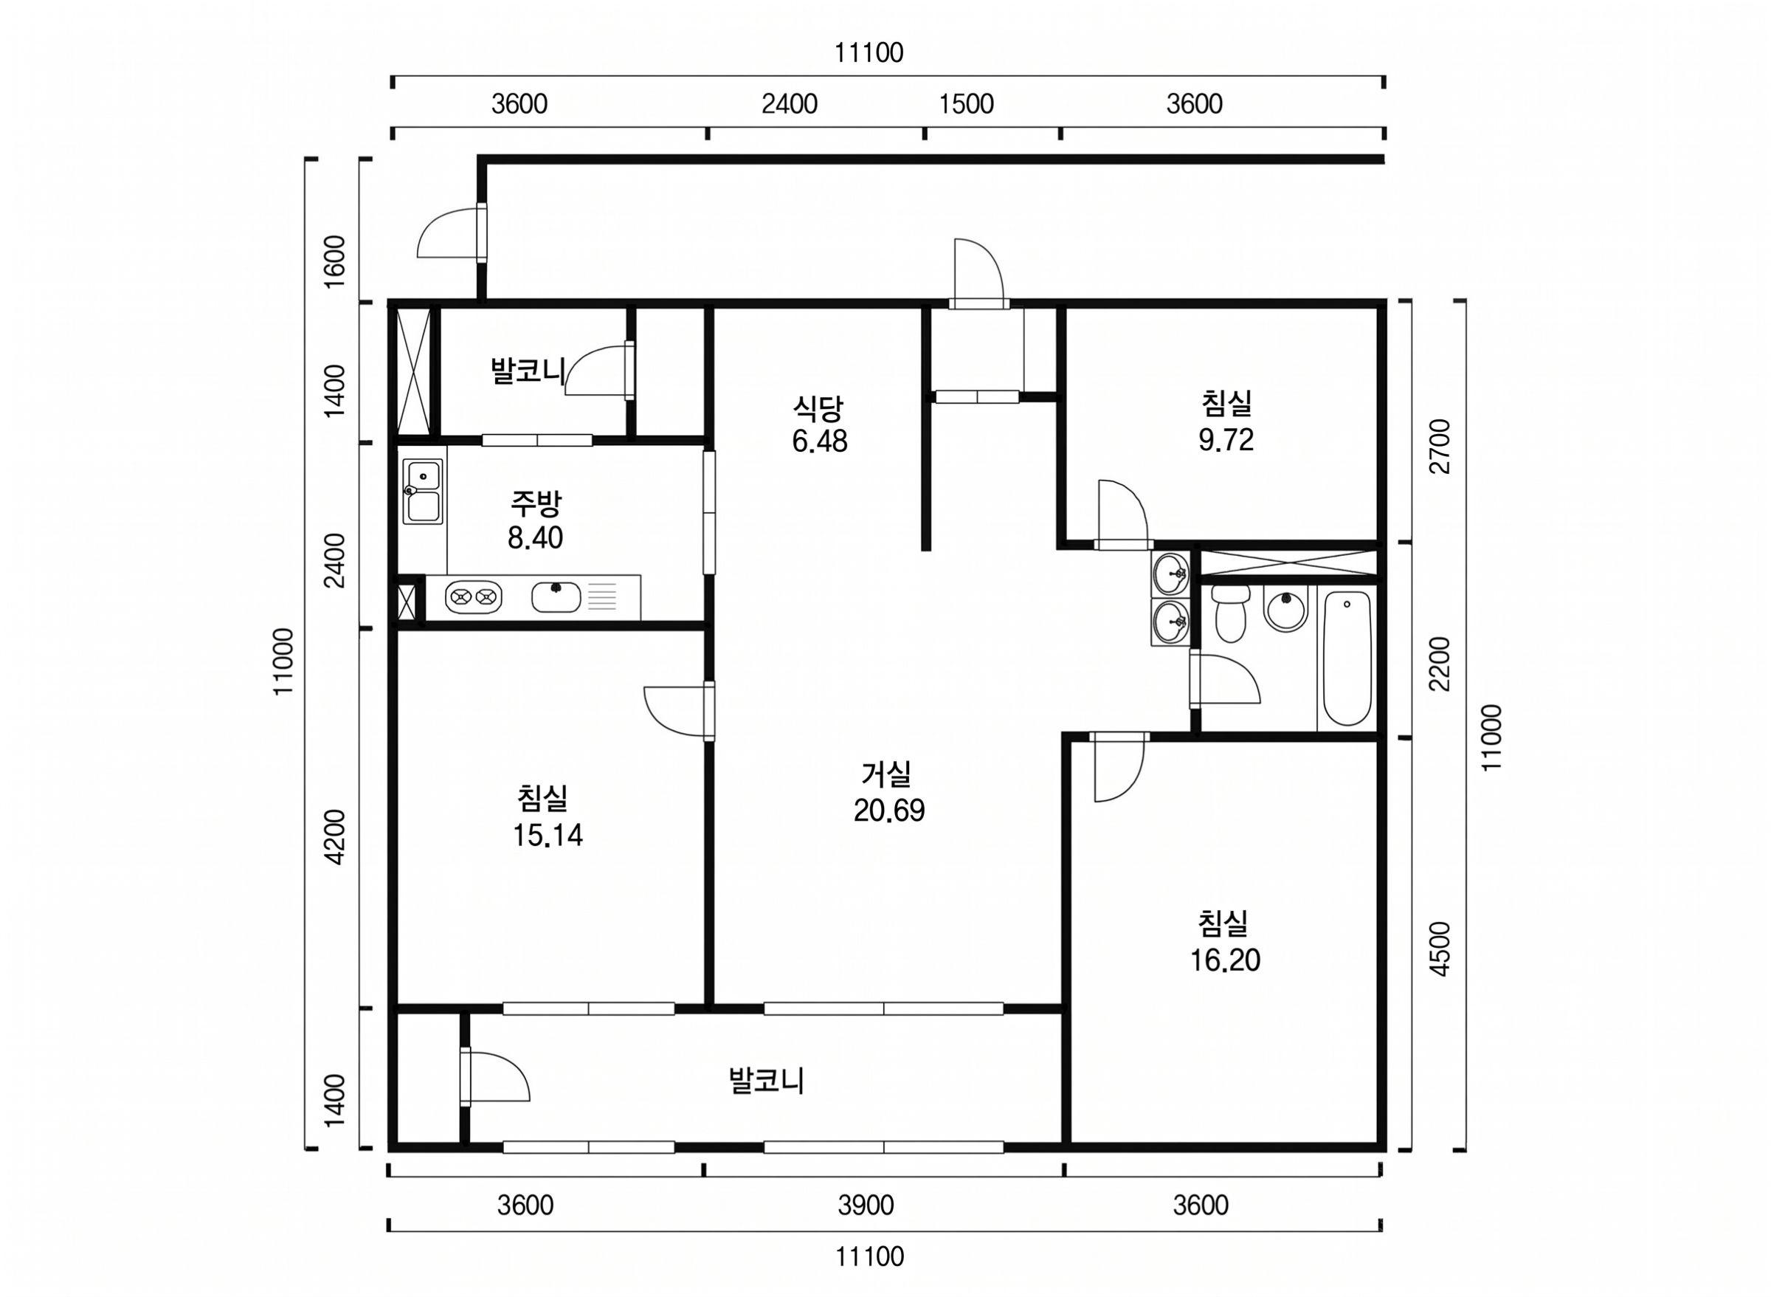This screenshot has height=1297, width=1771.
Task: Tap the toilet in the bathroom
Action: pyautogui.click(x=1228, y=613)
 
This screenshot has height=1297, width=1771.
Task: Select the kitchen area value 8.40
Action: pyautogui.click(x=535, y=538)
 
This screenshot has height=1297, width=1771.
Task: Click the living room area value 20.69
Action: pyautogui.click(x=889, y=811)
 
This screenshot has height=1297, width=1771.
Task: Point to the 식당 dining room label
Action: pyautogui.click(x=818, y=407)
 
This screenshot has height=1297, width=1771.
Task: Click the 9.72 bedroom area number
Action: pyautogui.click(x=1226, y=440)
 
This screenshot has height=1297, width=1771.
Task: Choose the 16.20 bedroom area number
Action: pyautogui.click(x=1225, y=960)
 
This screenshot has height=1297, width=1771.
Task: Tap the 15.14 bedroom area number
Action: pyautogui.click(x=548, y=836)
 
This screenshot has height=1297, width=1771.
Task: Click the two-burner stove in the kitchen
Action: pyautogui.click(x=473, y=597)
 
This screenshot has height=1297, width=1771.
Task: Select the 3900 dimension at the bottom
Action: pyautogui.click(x=866, y=1205)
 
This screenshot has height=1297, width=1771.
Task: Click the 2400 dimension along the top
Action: pyautogui.click(x=790, y=103)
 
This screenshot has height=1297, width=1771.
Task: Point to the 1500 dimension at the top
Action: pyautogui.click(x=967, y=103)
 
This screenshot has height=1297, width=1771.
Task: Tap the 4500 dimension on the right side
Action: pyautogui.click(x=1440, y=949)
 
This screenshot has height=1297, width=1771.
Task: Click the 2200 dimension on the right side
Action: pyautogui.click(x=1440, y=664)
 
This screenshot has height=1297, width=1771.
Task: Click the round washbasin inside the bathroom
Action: pyautogui.click(x=1285, y=610)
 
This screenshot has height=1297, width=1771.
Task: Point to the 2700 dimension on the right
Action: pyautogui.click(x=1440, y=446)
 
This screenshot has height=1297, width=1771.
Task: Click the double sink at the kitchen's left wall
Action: pyautogui.click(x=422, y=492)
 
